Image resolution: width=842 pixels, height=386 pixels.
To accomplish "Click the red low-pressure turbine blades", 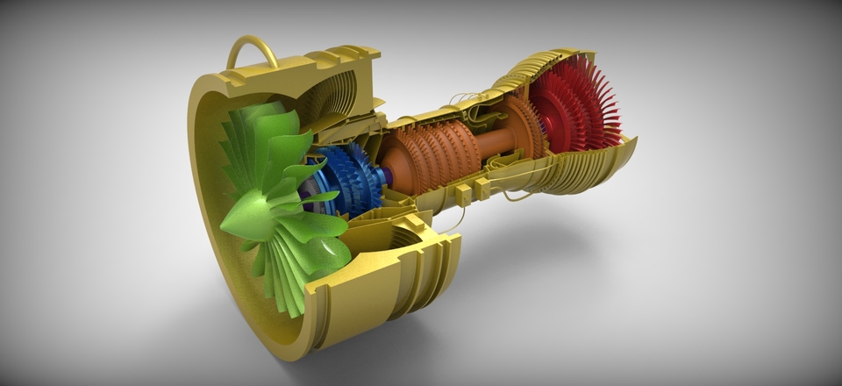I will (x=579, y=110).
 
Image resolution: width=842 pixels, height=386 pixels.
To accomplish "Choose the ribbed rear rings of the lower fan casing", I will (x=434, y=263).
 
